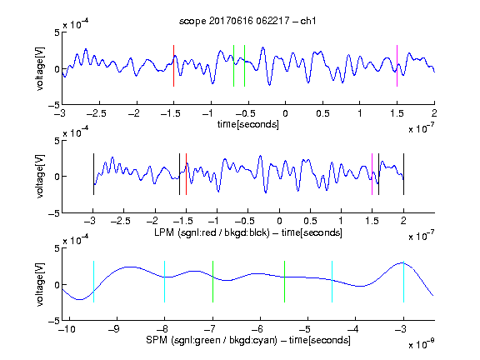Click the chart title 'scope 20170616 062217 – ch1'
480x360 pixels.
tap(247, 21)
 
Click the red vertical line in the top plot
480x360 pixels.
tap(173, 66)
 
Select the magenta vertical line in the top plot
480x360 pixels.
tap(397, 66)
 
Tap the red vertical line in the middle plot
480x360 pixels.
tap(186, 174)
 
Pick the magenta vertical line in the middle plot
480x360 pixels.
tap(372, 174)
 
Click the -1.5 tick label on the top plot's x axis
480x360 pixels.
tap(170, 113)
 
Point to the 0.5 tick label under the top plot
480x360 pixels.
tap(322, 113)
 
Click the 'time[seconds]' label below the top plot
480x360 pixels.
tap(248, 124)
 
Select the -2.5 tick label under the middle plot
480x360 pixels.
tap(120, 221)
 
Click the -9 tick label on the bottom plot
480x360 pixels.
tap(114, 329)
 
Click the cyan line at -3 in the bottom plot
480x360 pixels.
tap(403, 282)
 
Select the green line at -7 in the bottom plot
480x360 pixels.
tap(212, 282)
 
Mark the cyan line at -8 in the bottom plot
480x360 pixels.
tap(165, 282)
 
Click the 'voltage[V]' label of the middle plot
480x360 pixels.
tap(40, 177)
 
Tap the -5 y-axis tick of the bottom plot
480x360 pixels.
tap(53, 321)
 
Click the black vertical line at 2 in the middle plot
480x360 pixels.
tap(403, 174)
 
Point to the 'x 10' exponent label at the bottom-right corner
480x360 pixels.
tap(421, 345)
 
